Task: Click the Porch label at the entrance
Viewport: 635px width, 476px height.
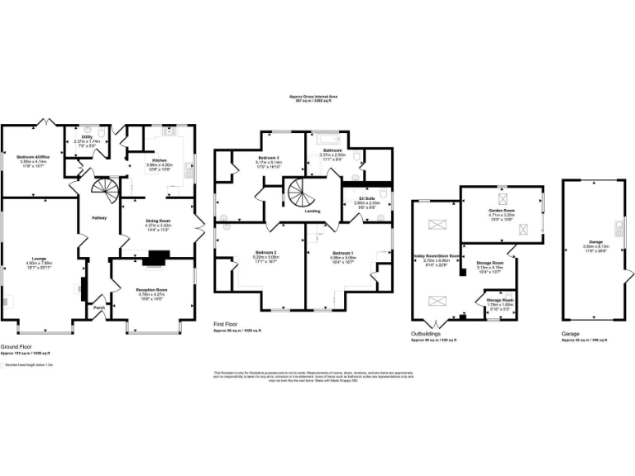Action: tap(99, 308)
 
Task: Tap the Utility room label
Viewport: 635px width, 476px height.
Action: tap(86, 137)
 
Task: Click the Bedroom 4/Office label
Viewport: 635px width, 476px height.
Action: tap(31, 156)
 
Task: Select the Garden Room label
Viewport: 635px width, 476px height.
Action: tap(502, 211)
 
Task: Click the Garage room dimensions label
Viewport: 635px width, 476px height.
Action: tap(589, 248)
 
